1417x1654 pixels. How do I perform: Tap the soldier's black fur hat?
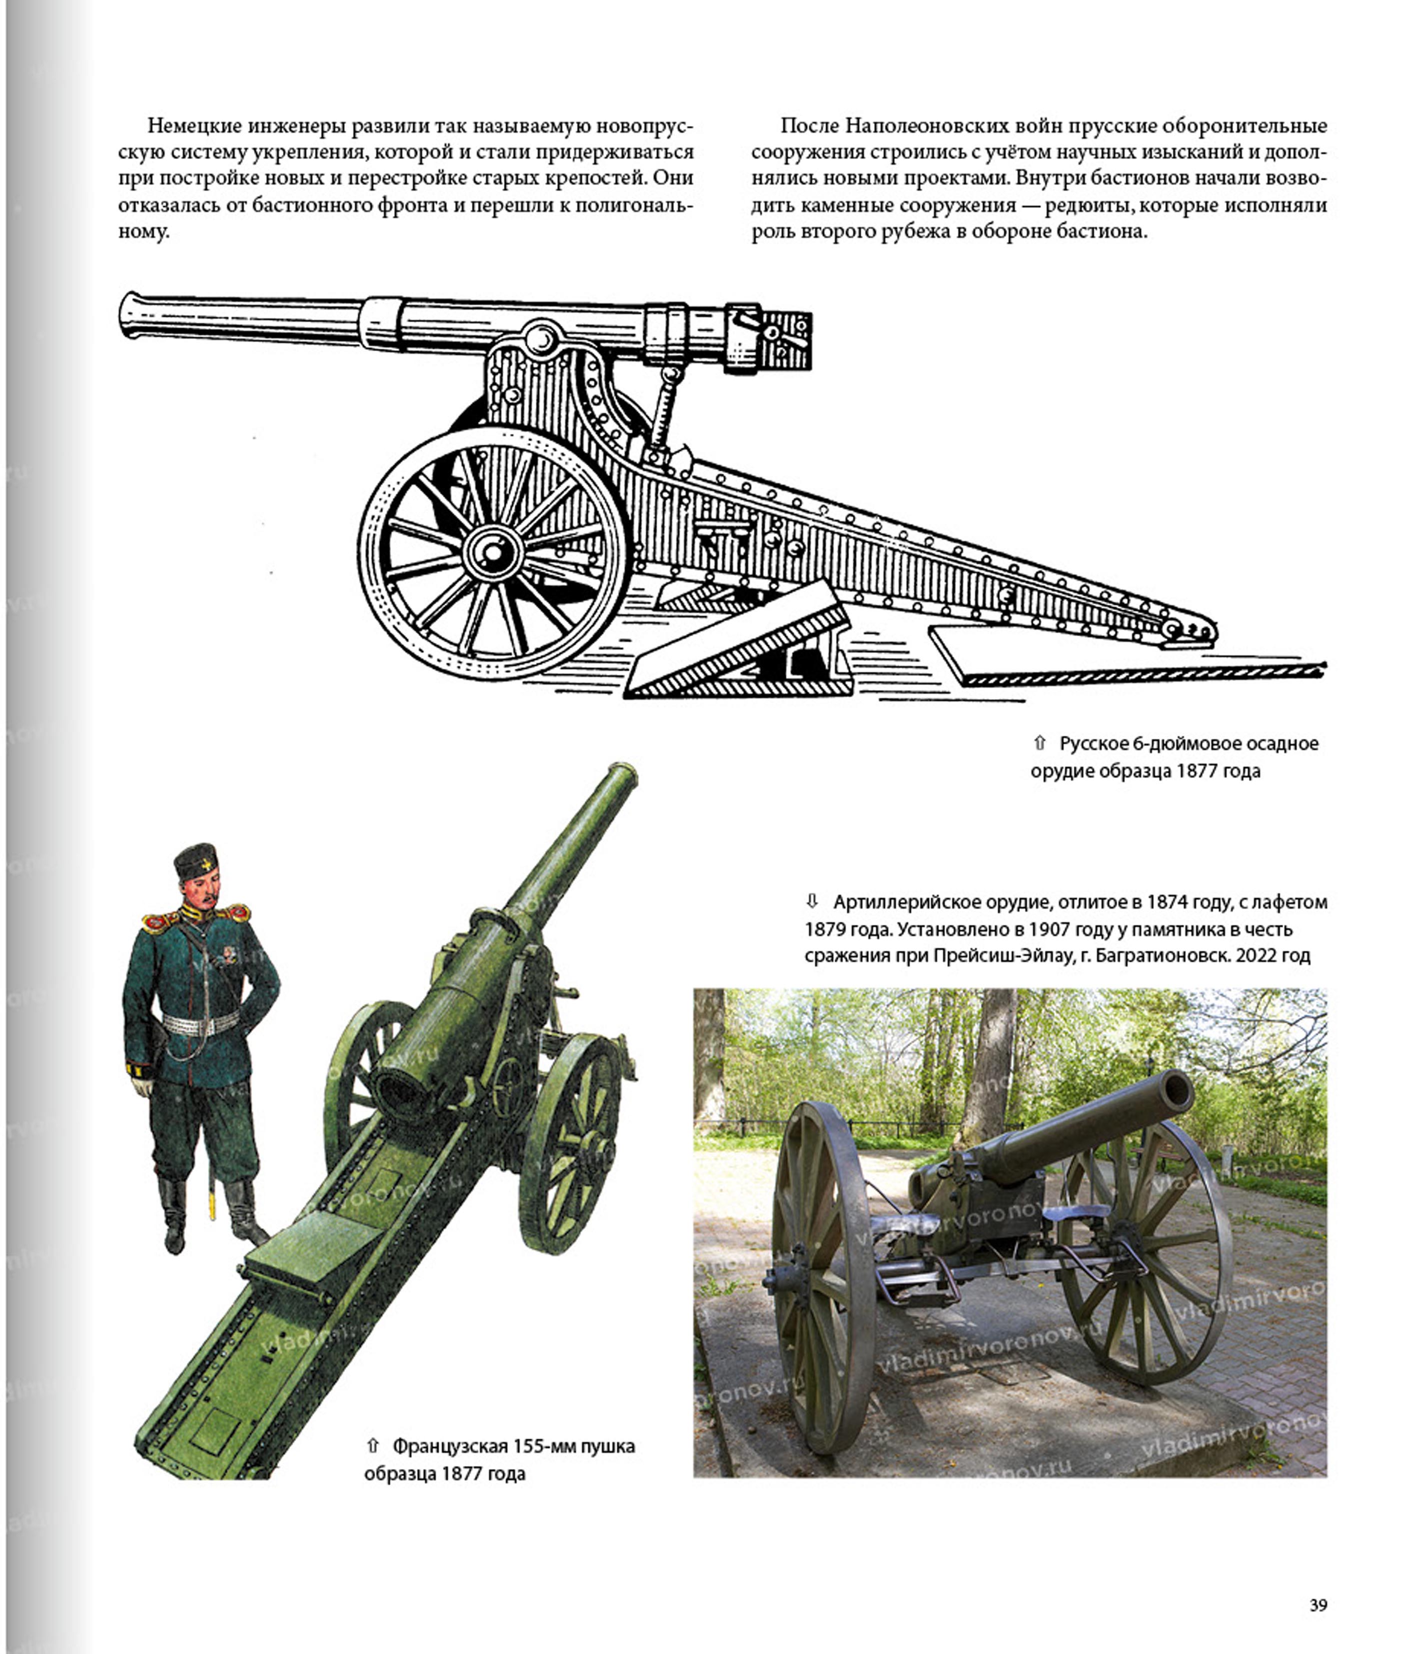point(195,863)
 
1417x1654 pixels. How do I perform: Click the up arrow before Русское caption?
point(1039,743)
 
